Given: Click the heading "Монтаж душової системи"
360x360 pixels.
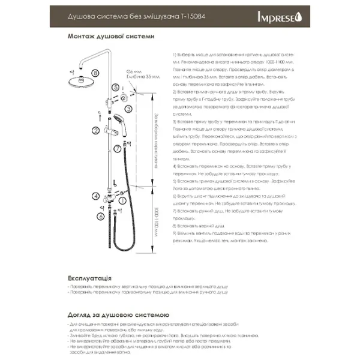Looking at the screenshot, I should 112,35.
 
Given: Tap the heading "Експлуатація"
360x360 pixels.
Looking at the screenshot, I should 90,279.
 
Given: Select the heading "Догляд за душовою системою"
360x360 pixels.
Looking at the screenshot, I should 119,314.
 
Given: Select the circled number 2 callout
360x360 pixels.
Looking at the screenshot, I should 95,130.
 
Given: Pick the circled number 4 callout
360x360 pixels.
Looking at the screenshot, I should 95,195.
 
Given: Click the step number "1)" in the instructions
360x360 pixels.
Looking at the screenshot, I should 173,54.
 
